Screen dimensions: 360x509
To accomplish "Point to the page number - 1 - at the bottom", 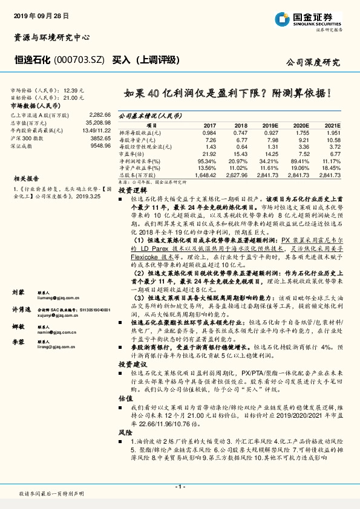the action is pyautogui.click(x=180, y=487).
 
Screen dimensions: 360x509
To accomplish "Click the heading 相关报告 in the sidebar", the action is pyautogui.click(x=26, y=179).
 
